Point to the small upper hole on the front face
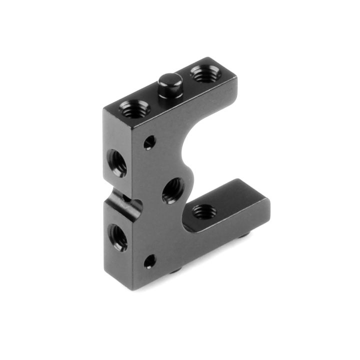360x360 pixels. [x=149, y=143]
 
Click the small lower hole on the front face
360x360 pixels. [x=149, y=261]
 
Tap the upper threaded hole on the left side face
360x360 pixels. [x=118, y=163]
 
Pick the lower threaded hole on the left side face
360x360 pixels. [x=118, y=237]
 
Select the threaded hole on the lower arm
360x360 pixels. [x=202, y=211]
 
